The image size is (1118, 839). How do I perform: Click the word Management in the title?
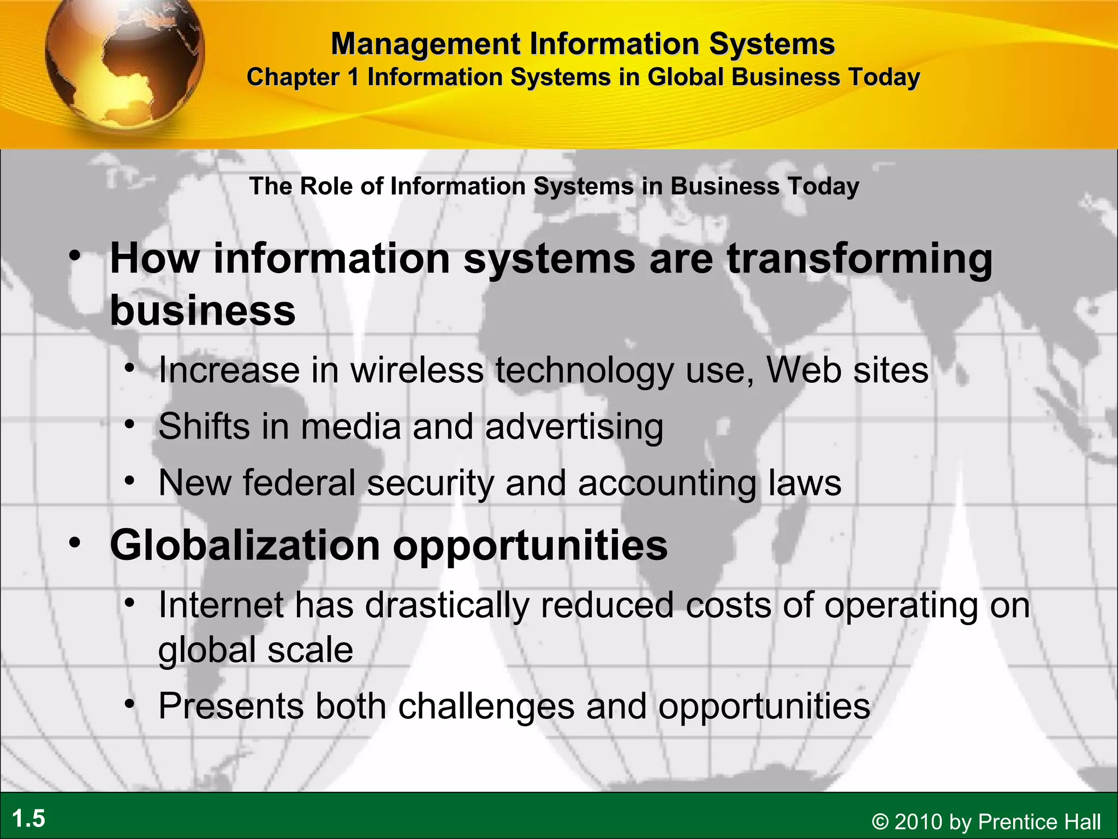click(426, 44)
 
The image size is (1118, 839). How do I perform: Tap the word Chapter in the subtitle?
click(294, 77)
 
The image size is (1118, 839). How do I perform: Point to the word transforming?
click(859, 259)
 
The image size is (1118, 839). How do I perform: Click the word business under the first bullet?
click(203, 310)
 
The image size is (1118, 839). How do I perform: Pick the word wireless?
click(417, 370)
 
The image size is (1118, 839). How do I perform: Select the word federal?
click(299, 483)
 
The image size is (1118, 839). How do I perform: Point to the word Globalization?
click(245, 545)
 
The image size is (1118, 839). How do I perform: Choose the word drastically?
click(447, 605)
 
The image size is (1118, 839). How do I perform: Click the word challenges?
click(486, 706)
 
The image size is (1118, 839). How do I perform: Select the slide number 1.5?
click(29, 819)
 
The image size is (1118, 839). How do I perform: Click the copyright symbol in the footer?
click(880, 822)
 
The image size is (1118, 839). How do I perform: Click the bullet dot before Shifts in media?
click(129, 424)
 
